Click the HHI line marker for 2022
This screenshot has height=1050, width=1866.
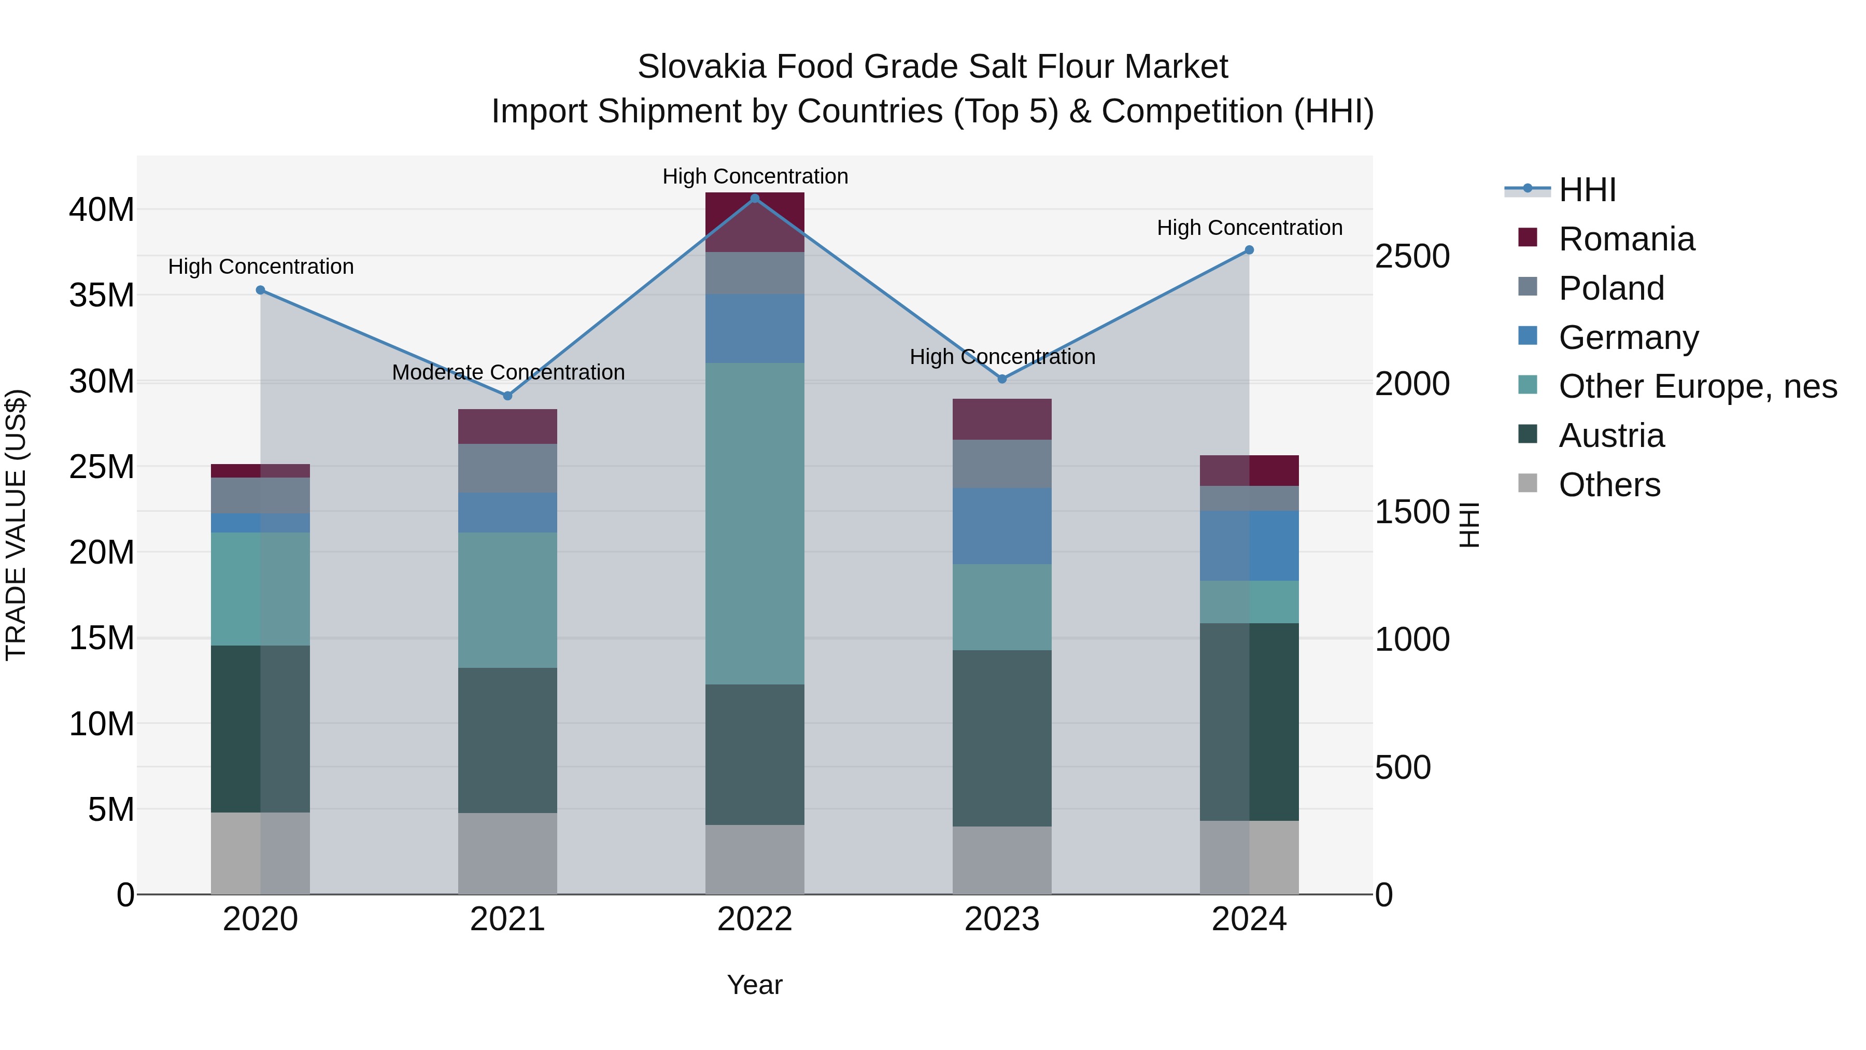755,199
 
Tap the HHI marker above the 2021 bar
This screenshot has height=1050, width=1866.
508,396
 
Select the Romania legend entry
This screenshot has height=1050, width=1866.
1626,239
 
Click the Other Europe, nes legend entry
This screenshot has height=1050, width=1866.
1697,386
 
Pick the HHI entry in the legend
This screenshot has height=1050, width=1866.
1587,190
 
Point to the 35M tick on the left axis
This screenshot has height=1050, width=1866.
102,296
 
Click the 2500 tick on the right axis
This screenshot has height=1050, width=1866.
1412,257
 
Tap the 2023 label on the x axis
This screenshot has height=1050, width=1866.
1002,919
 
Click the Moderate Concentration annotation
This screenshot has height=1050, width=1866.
508,372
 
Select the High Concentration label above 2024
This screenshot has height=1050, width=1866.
1250,228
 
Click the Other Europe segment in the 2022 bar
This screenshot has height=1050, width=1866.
755,523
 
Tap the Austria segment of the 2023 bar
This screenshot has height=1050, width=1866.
1002,738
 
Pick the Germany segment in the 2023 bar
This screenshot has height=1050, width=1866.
1002,526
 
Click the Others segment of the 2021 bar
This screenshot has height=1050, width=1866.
508,853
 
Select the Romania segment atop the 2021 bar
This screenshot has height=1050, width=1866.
508,426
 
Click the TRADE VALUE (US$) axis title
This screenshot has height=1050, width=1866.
16,525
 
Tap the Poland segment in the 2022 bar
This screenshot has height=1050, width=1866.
755,273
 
